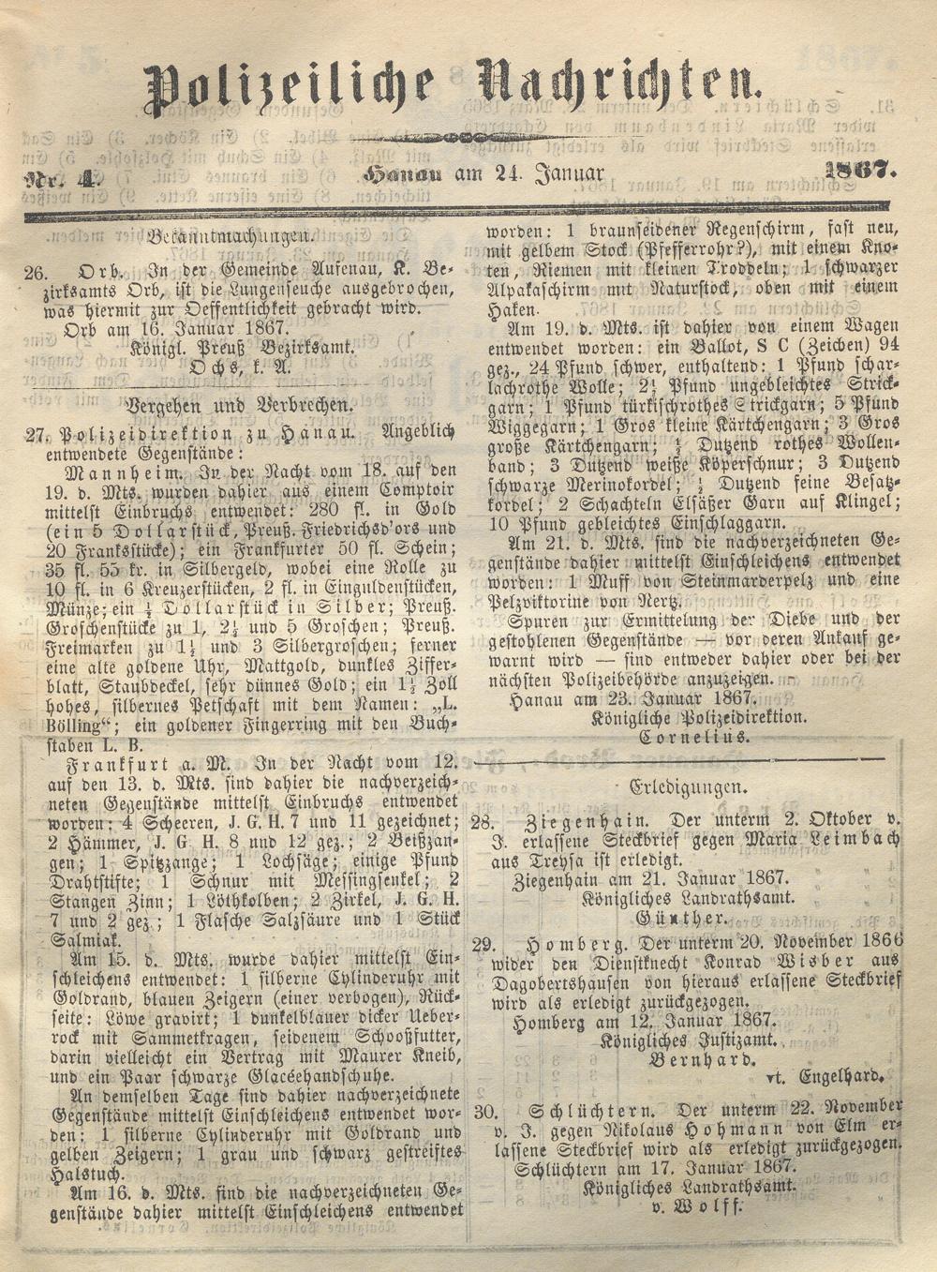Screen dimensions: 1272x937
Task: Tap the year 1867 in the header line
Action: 860,171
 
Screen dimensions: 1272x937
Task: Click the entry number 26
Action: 36,272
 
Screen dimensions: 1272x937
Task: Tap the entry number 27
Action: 37,433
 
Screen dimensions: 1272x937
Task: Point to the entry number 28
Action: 483,822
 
